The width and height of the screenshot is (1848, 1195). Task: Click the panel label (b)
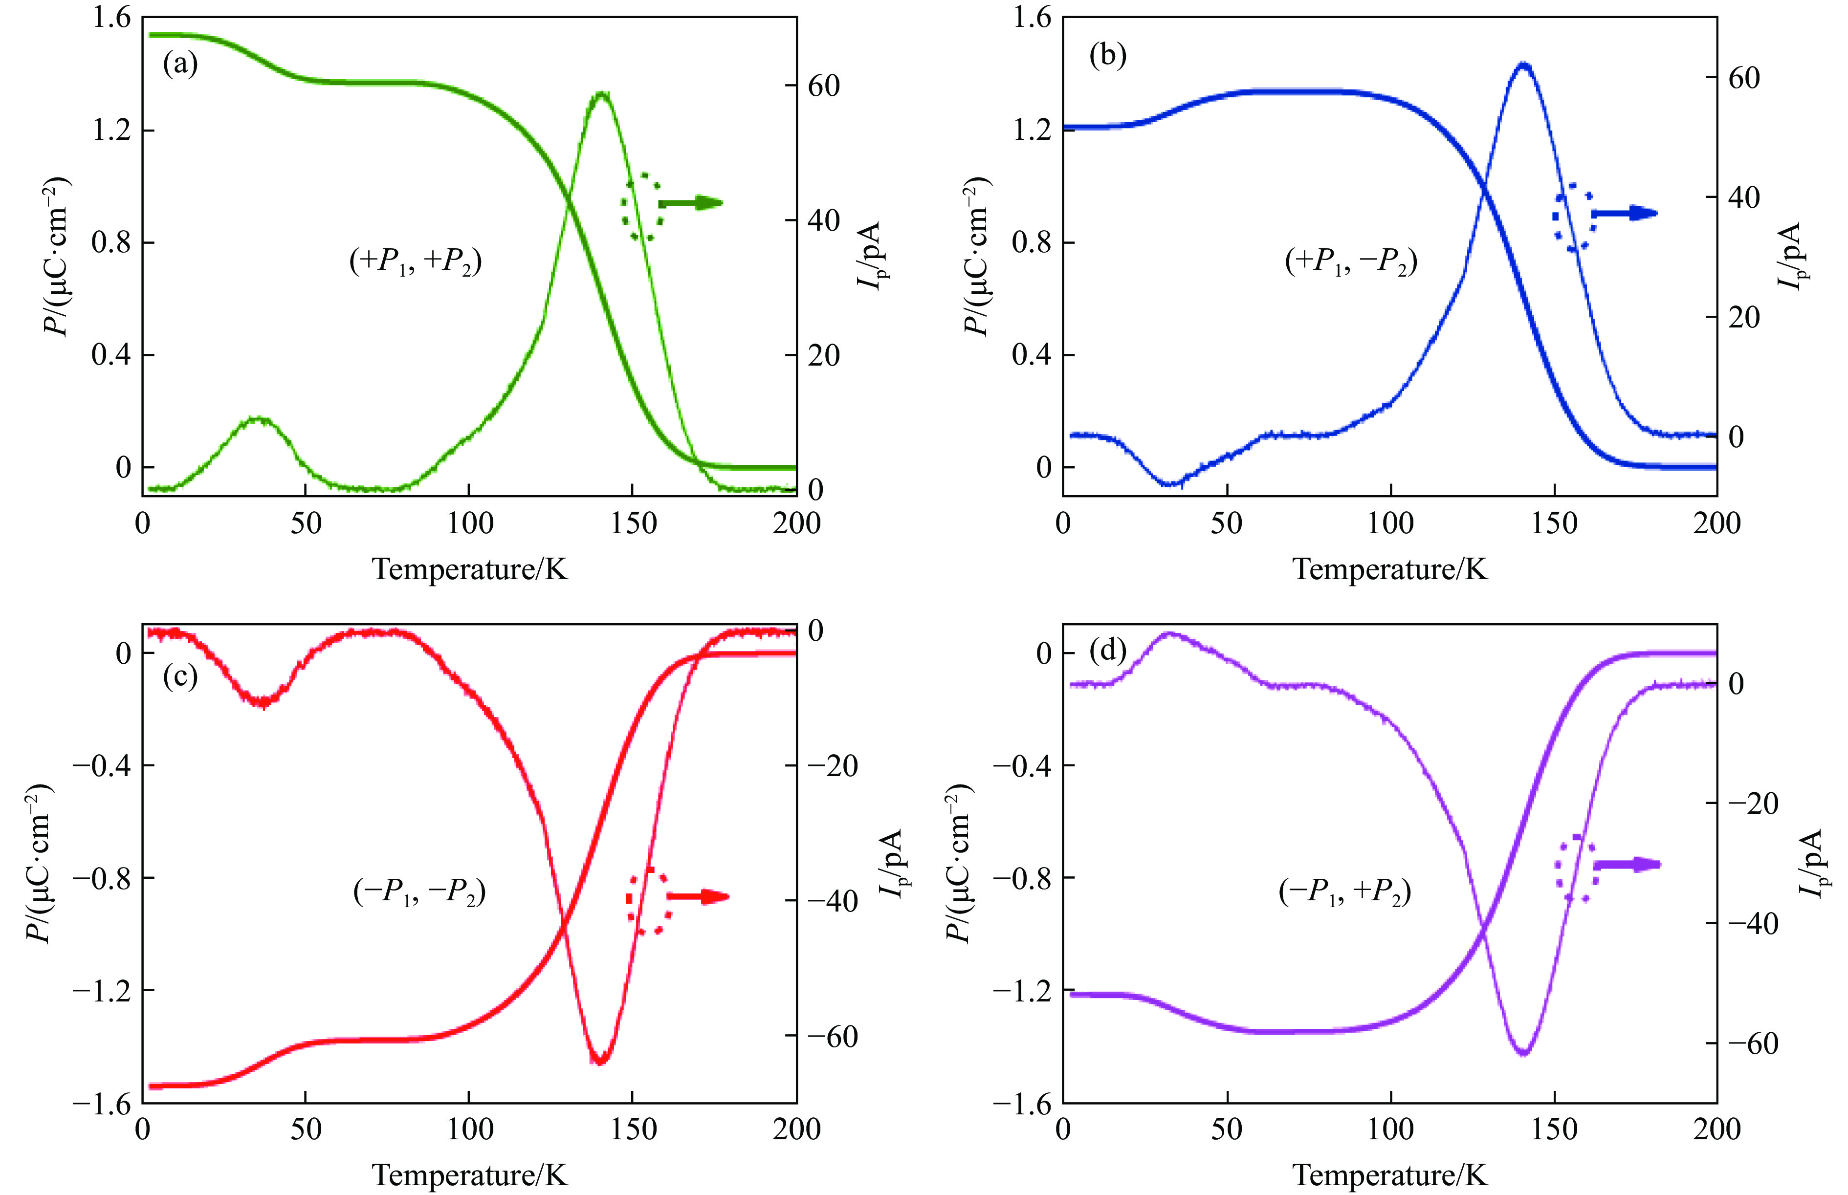point(1107,56)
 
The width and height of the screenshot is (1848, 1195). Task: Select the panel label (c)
point(180,676)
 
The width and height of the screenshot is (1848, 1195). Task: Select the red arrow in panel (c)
point(697,897)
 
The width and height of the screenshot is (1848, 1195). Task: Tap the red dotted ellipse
point(647,900)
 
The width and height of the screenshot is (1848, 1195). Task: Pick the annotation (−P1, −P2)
point(419,892)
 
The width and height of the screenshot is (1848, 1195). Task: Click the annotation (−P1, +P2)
point(1344,892)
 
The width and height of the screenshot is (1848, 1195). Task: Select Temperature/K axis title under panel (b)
point(1389,569)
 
